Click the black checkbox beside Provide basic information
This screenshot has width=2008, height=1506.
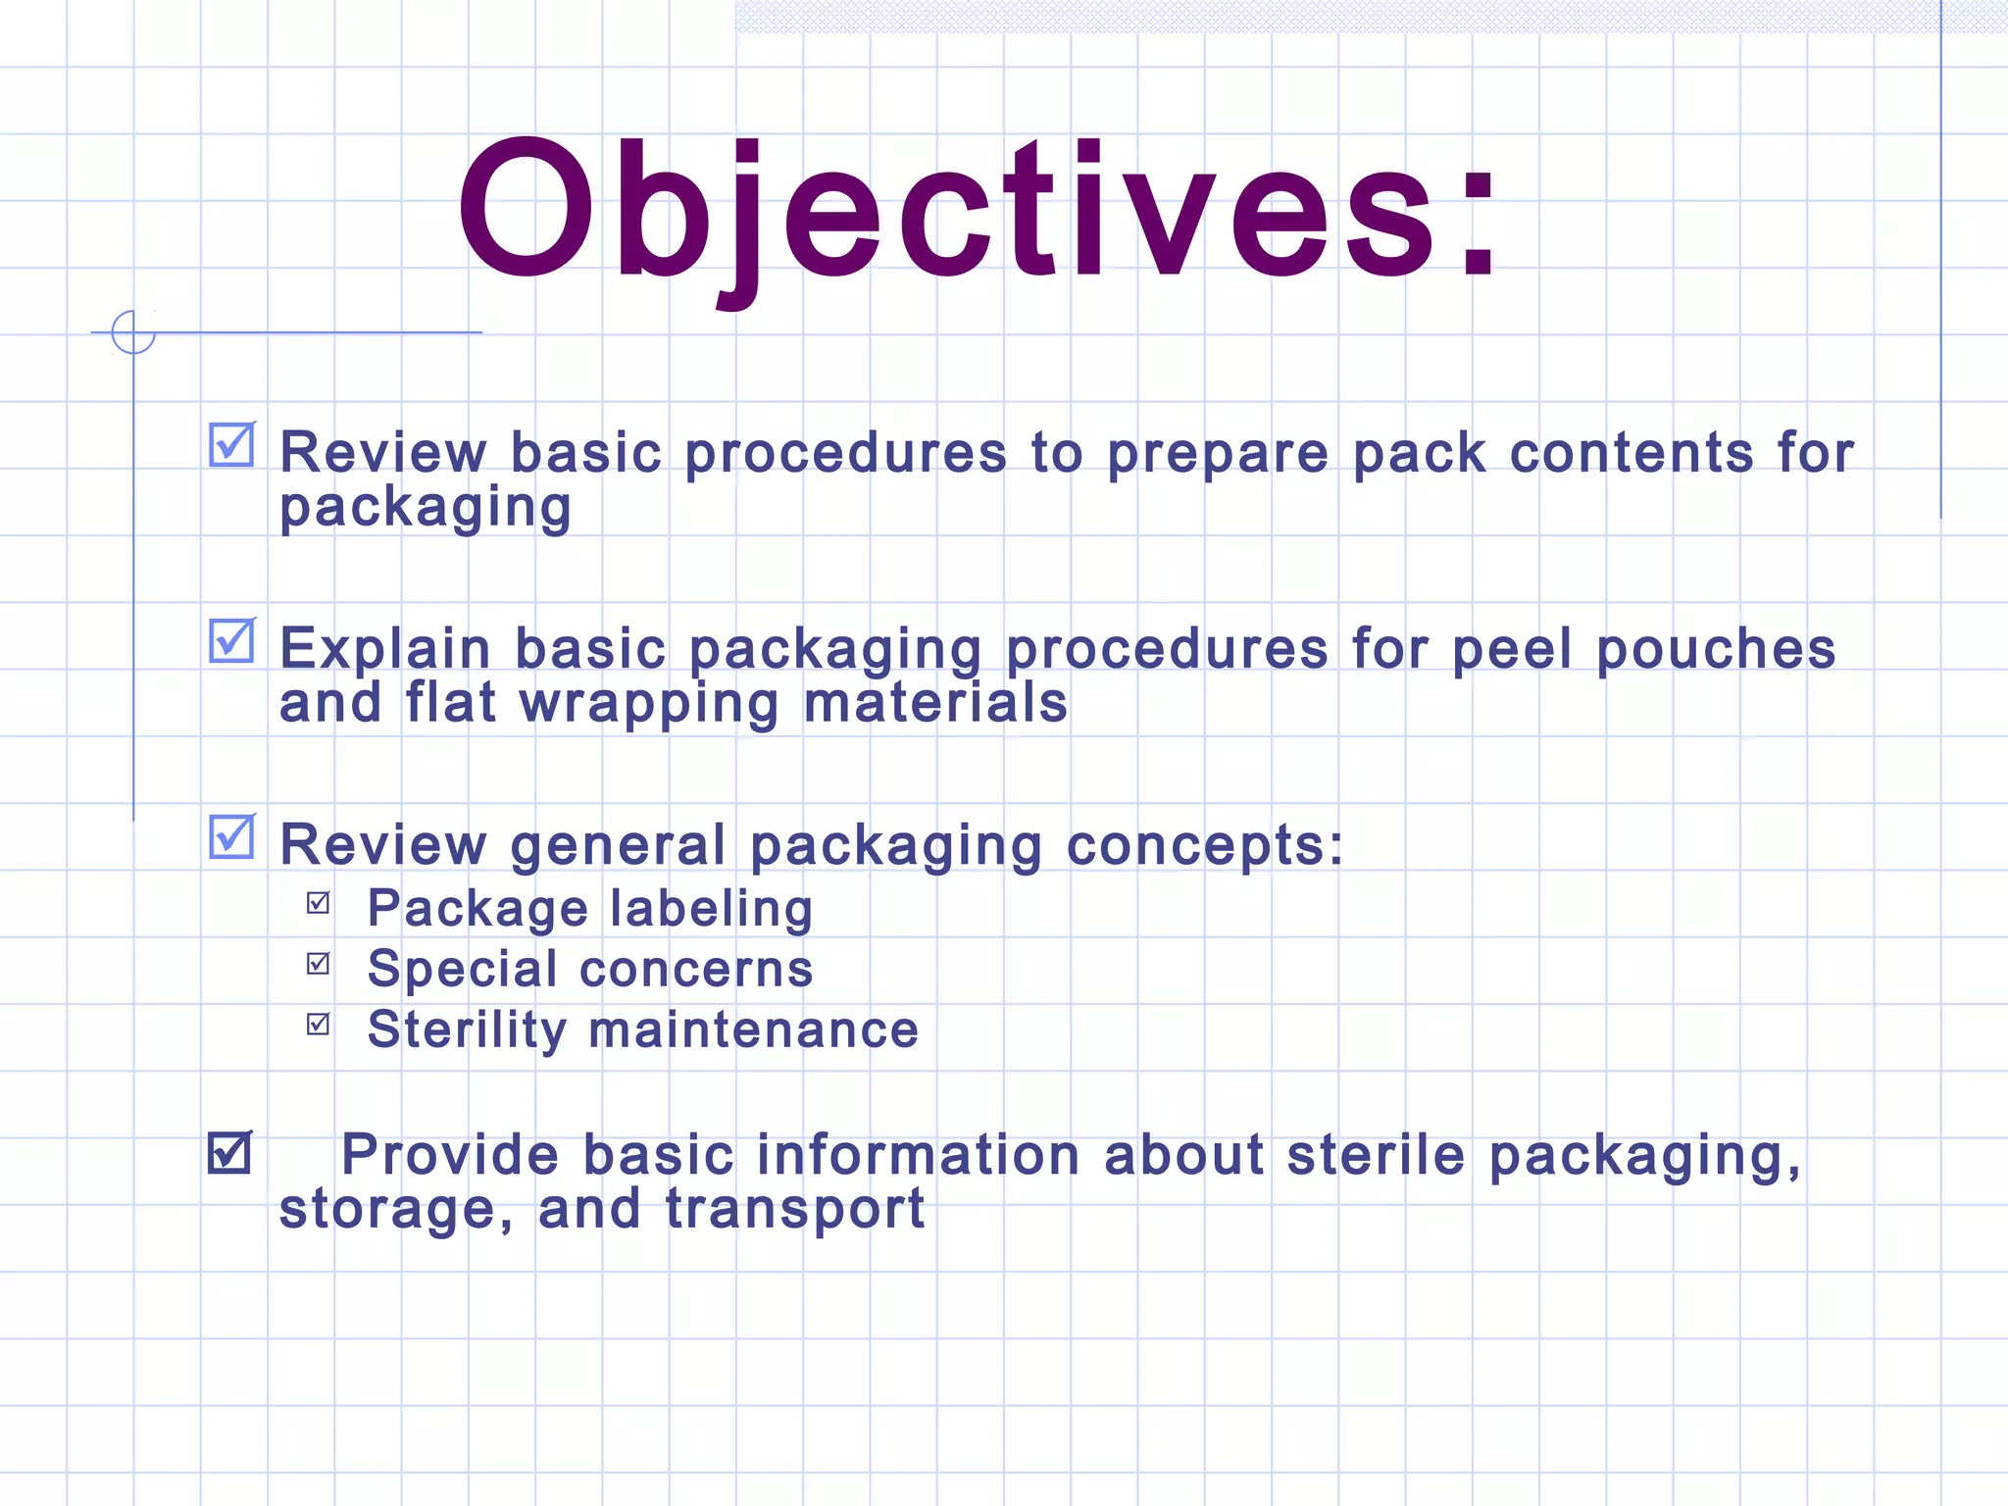230,1152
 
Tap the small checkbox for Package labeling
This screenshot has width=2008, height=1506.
319,902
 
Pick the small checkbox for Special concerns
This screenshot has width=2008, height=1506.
319,963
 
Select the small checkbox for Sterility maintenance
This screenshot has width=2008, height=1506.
319,1024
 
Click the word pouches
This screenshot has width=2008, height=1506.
1716,650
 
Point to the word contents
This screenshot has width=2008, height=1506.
1631,453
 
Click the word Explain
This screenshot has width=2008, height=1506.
384,650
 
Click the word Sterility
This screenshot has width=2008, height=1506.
467,1030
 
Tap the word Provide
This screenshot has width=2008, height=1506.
449,1154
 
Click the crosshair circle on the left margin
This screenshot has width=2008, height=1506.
133,332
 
